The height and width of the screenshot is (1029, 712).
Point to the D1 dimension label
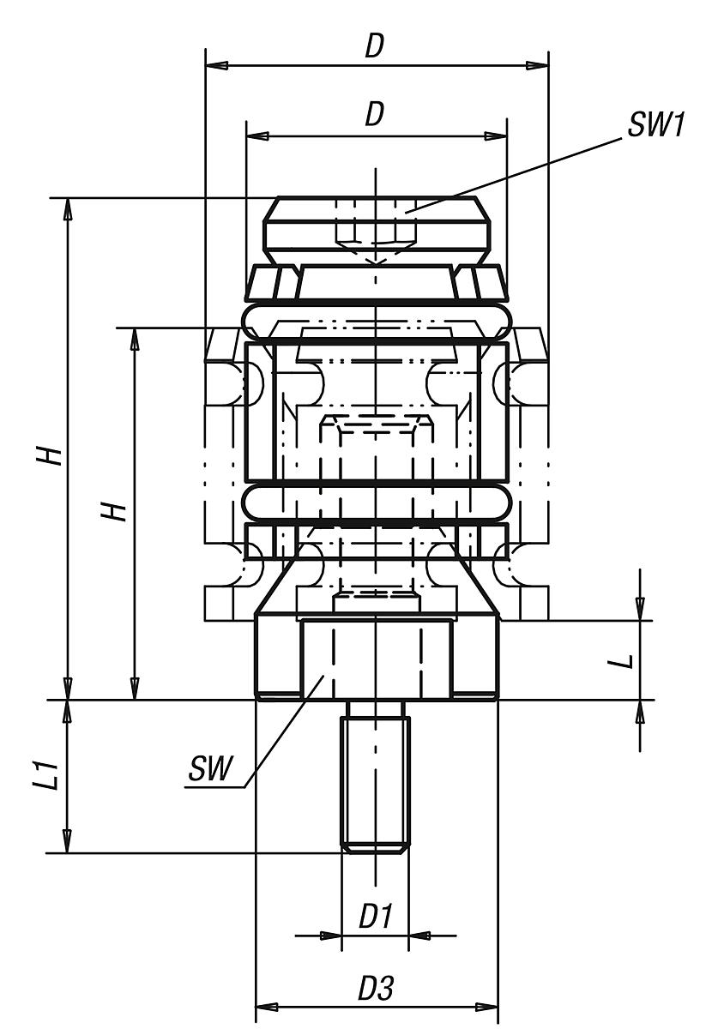375,918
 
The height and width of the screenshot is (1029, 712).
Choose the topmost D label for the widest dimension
373,47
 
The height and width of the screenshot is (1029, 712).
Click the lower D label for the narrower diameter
373,116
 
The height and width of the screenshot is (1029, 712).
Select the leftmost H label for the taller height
53,454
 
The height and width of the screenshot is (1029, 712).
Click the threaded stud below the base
375,776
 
